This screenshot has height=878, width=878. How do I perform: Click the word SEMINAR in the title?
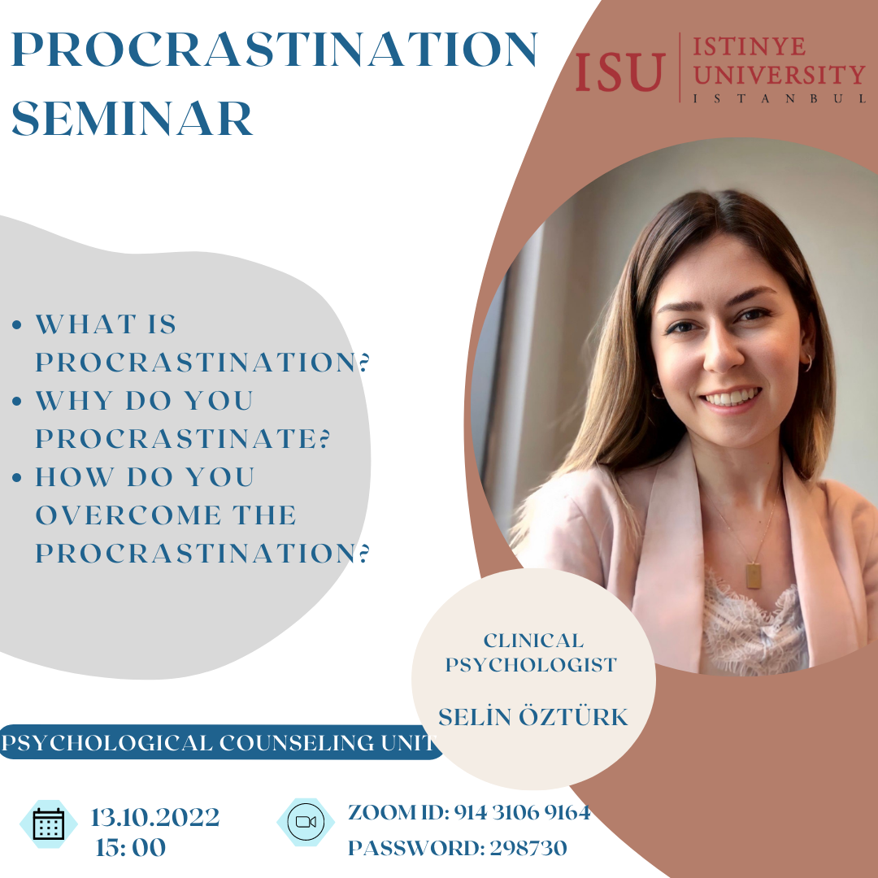(133, 118)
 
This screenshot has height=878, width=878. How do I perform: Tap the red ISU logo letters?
(619, 72)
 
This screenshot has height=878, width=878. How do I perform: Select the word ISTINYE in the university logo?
(750, 46)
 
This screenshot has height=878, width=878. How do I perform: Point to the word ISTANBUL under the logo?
(780, 98)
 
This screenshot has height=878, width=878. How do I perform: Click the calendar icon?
(49, 824)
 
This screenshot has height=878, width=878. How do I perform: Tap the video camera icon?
(306, 821)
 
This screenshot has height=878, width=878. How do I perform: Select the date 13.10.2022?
(155, 817)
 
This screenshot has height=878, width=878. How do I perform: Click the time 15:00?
(130, 847)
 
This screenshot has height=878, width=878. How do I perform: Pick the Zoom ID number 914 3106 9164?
(522, 812)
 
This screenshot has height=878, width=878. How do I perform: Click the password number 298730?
(528, 848)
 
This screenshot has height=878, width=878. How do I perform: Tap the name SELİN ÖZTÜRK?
(533, 716)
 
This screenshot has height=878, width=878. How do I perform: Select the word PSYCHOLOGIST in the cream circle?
(531, 665)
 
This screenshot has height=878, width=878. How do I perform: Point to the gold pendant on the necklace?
(753, 576)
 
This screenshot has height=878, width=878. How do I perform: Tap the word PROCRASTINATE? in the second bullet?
(183, 438)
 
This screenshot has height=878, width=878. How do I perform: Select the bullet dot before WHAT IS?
(17, 324)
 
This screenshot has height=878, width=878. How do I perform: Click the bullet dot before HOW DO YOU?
(17, 477)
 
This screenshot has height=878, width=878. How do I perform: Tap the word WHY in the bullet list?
(74, 401)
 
